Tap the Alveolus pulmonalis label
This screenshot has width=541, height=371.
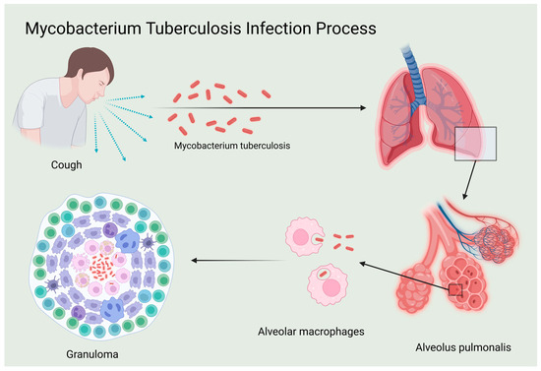[x=457, y=347]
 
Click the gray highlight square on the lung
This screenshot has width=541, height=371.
[x=478, y=144]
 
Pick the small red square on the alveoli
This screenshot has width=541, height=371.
[x=454, y=289]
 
